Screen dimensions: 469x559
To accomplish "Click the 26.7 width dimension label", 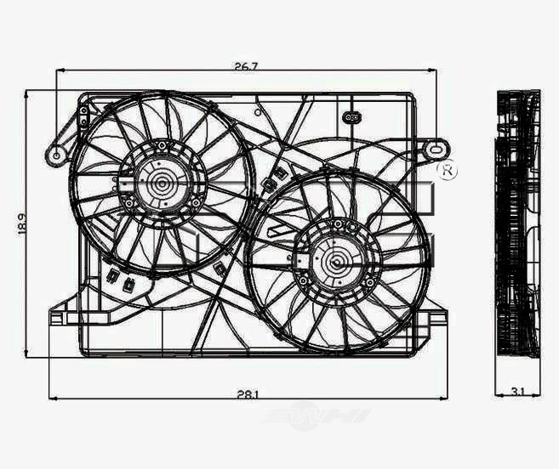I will tap(245, 64).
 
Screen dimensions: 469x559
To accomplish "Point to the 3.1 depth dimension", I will tap(518, 391).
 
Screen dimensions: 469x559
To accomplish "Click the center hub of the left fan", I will tap(160, 181).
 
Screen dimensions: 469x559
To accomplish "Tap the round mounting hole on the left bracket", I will tap(58, 155).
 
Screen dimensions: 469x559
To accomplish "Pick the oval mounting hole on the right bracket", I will tap(437, 147).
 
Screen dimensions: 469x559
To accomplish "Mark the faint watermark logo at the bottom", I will tap(316, 415).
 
